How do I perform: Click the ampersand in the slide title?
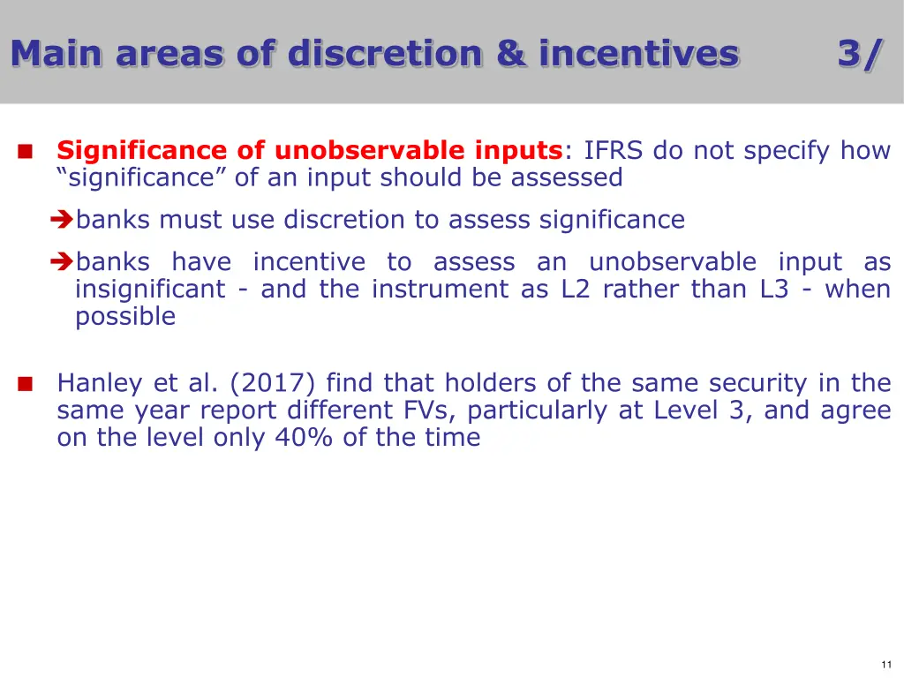click(x=511, y=53)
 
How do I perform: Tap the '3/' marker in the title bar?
click(x=860, y=55)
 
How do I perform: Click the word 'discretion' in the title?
click(x=385, y=53)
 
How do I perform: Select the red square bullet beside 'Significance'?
click(x=26, y=151)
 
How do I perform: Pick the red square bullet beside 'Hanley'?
click(x=26, y=383)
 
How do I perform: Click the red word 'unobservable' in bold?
click(x=369, y=150)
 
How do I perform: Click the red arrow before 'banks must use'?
click(x=62, y=219)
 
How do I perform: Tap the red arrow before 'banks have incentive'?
click(x=62, y=261)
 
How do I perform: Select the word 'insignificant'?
click(x=150, y=290)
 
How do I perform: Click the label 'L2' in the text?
click(x=576, y=289)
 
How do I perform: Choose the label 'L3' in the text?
click(x=774, y=289)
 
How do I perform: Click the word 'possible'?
click(x=125, y=317)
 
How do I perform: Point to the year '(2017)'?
click(x=272, y=383)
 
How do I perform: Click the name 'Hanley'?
click(x=100, y=383)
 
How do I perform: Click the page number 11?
click(x=886, y=664)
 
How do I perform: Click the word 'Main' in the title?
click(x=56, y=53)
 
